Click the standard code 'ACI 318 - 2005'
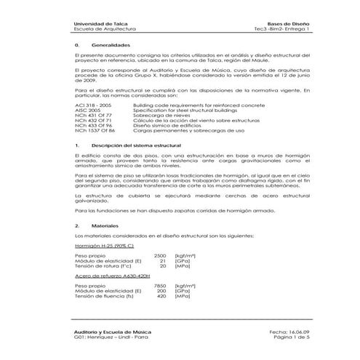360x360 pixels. (x=92, y=105)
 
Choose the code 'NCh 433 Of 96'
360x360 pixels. (x=92, y=125)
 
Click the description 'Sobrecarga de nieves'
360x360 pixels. (x=158, y=115)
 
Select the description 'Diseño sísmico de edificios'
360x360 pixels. (x=164, y=125)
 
